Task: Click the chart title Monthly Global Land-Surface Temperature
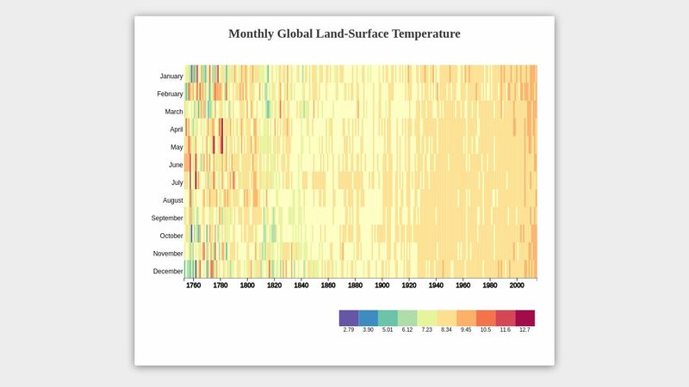coord(344,34)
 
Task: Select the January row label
coord(171,77)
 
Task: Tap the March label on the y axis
coord(174,112)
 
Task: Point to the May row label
coord(177,147)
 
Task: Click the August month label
coord(173,200)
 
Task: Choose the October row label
coord(171,236)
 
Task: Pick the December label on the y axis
coord(168,272)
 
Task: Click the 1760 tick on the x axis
coord(194,286)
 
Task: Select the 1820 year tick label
coord(274,286)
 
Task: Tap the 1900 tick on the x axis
coord(382,286)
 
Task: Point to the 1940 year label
coord(436,286)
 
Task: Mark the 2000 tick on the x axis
coord(517,286)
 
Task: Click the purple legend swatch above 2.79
coord(349,317)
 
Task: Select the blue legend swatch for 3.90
coord(369,317)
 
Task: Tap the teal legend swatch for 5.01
coord(388,317)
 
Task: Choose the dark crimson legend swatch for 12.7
coord(525,317)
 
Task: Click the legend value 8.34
coord(446,330)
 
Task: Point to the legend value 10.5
coord(486,330)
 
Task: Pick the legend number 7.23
coord(427,330)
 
